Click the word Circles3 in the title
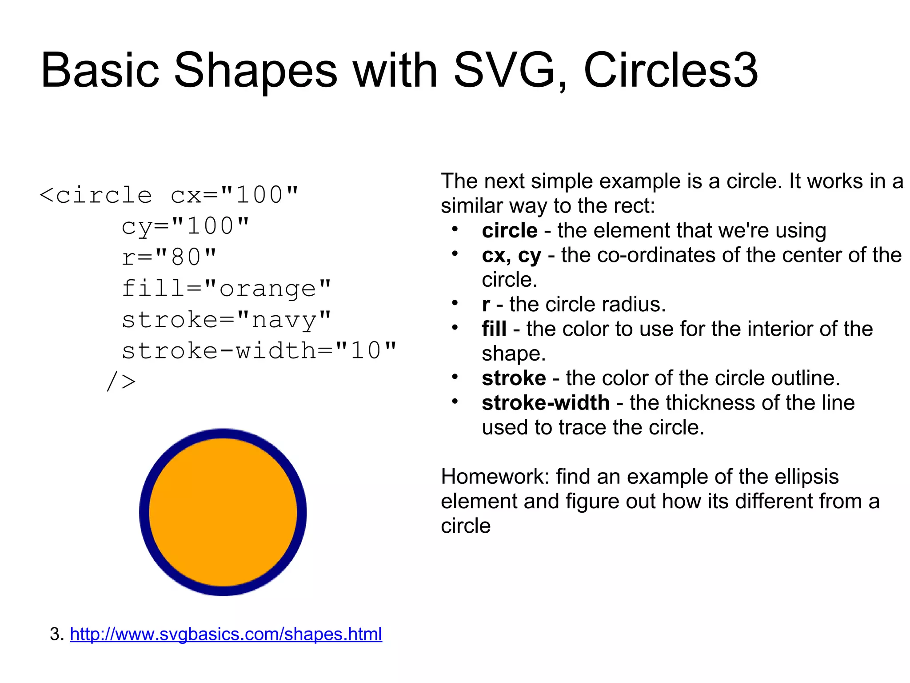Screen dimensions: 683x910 [x=670, y=70]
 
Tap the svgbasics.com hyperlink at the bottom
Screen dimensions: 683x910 [x=226, y=634]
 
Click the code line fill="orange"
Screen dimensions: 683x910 [x=226, y=289]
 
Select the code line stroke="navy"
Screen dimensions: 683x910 [x=226, y=320]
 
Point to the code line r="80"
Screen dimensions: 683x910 [x=169, y=257]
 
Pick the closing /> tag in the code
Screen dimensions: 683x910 [x=121, y=382]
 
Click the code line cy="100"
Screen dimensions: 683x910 [x=185, y=226]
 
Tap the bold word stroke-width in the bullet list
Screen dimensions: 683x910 [x=545, y=403]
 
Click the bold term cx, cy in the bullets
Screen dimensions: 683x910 [x=511, y=256]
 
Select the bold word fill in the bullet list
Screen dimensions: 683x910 [x=494, y=329]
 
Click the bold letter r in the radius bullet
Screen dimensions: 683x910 [x=486, y=305]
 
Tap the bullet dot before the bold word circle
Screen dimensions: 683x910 [x=455, y=229]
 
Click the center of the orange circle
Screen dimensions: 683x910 [x=223, y=512]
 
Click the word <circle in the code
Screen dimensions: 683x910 [x=96, y=195]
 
